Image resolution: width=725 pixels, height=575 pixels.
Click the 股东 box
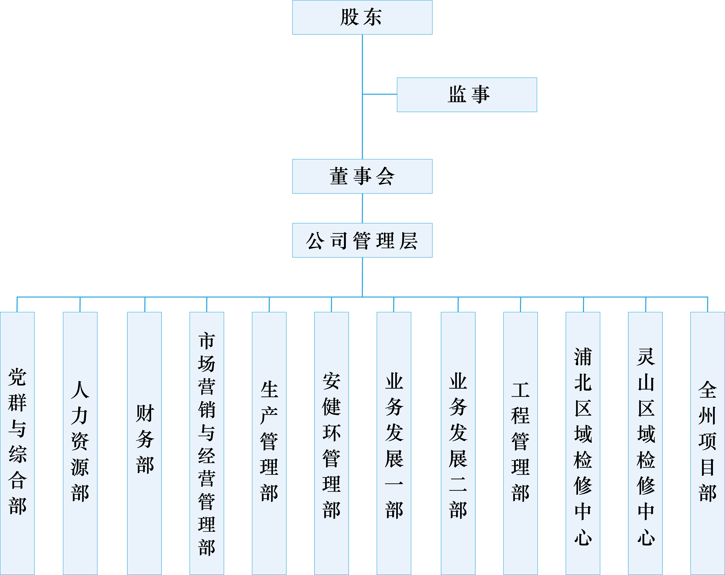click(x=362, y=17)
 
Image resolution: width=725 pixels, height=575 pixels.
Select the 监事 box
click(x=467, y=95)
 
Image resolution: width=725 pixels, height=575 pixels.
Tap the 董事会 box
click(x=362, y=176)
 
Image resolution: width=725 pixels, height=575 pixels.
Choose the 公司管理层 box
click(x=362, y=240)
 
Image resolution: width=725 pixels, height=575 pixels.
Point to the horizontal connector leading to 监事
click(x=380, y=94)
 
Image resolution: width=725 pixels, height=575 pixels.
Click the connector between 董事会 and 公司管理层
click(x=362, y=208)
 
